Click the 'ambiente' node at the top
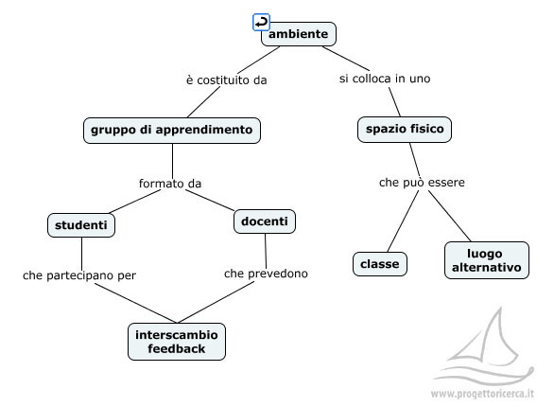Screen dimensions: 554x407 [x=299, y=34]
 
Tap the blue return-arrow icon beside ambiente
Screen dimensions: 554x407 [x=262, y=23]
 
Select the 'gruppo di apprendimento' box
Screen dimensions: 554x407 [x=172, y=130]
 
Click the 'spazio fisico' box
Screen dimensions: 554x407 [x=405, y=130]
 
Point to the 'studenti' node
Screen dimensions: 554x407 [x=81, y=225]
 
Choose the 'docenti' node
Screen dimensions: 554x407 [x=265, y=221]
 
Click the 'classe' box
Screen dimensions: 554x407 [x=380, y=264]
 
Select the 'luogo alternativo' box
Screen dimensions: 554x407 [x=487, y=260]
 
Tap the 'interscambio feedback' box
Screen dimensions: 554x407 [x=177, y=342]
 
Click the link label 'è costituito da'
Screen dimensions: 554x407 [x=227, y=80]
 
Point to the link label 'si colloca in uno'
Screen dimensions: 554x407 [x=385, y=79]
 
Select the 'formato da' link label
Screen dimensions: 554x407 [x=170, y=184]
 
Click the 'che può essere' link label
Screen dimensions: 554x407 [x=422, y=183]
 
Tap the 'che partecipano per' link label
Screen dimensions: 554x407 [x=79, y=275]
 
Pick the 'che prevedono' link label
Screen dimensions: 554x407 [x=266, y=274]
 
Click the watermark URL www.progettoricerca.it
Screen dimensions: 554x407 [x=482, y=394]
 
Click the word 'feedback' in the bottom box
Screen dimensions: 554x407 [x=177, y=348]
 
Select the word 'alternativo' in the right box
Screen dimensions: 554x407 [x=487, y=267]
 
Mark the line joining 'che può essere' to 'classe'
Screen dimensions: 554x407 [x=403, y=221]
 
